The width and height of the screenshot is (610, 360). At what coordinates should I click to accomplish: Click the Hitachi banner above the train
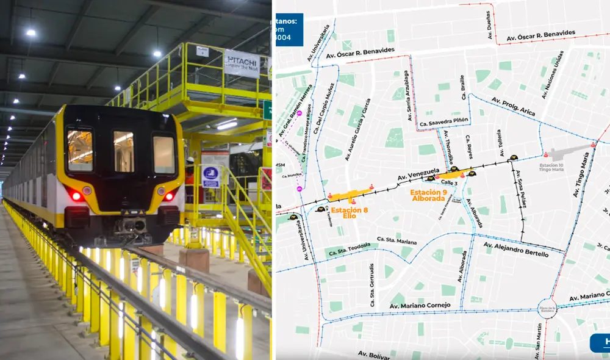[242, 62]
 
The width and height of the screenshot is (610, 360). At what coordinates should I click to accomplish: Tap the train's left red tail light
[76, 196]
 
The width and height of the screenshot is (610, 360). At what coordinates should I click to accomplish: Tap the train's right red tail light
[168, 196]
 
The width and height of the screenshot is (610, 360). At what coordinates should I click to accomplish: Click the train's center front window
[123, 151]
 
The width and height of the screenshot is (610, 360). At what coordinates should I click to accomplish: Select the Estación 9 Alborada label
[428, 195]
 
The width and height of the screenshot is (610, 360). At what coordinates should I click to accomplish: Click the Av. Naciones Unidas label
[553, 81]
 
